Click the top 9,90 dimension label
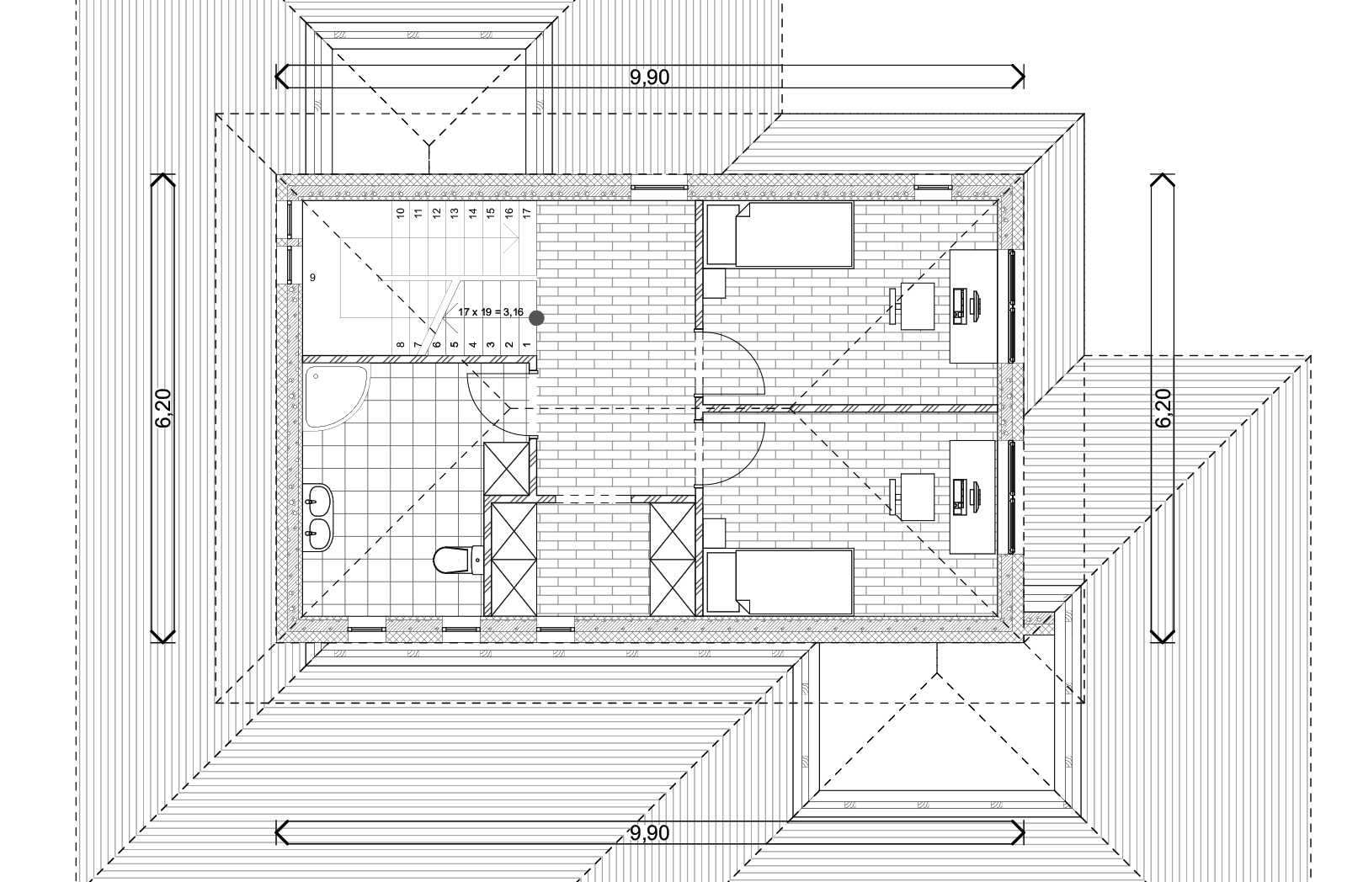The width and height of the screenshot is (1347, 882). [x=649, y=77]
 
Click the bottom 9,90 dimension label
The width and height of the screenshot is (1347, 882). [x=649, y=832]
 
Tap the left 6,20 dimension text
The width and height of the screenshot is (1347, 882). [x=163, y=408]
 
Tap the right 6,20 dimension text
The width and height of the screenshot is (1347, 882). [x=1163, y=408]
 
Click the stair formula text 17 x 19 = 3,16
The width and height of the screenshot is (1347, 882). [x=490, y=312]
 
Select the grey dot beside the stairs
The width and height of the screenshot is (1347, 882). [x=536, y=318]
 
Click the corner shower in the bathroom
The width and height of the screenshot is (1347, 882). [x=336, y=396]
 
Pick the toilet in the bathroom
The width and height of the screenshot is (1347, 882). [x=458, y=561]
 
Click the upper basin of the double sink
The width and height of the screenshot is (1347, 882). [x=319, y=500]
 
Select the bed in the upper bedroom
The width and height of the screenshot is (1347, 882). [x=780, y=235]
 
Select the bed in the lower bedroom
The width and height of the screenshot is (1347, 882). [x=780, y=582]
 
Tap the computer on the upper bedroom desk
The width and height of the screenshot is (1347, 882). [x=967, y=306]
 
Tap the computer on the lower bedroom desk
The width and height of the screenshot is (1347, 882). [x=967, y=497]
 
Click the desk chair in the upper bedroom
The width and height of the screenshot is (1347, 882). [x=913, y=306]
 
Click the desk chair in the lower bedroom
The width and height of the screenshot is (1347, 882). [x=913, y=497]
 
